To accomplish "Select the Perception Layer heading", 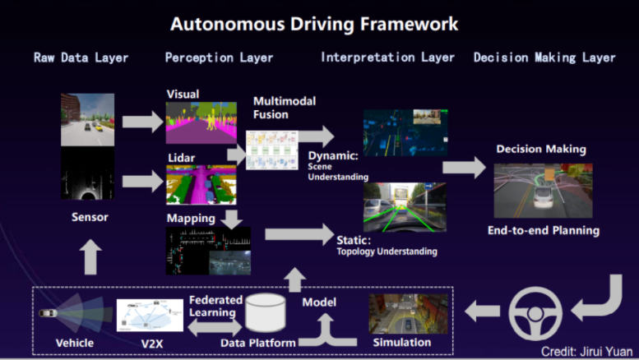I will click(x=219, y=58).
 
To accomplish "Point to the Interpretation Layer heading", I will click(x=387, y=58).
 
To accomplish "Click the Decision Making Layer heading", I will click(x=544, y=58).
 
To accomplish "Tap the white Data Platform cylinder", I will click(x=266, y=311).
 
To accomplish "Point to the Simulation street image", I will click(x=402, y=313).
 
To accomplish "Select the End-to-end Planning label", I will click(x=543, y=230).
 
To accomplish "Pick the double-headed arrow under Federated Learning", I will click(x=215, y=328).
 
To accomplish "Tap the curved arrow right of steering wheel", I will click(x=599, y=298).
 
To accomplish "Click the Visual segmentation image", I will click(x=199, y=122).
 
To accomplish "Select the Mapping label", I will click(x=190, y=219).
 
